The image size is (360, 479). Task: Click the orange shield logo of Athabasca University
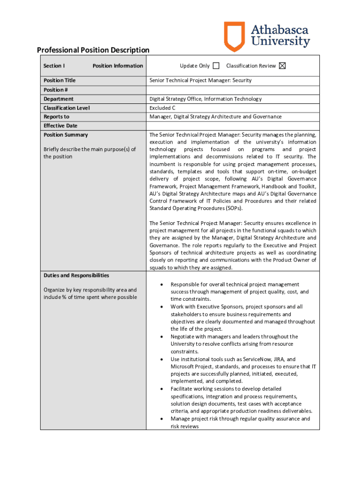(234, 36)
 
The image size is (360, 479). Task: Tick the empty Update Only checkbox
(216, 66)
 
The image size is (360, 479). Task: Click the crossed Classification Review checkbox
(282, 66)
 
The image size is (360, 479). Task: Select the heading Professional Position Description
(93, 50)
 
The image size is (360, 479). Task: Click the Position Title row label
(59, 80)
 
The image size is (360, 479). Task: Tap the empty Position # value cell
(233, 90)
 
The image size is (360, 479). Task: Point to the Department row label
(58, 99)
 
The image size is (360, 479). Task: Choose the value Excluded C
(162, 108)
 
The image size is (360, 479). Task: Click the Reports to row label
(56, 117)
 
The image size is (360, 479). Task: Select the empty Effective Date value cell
(233, 126)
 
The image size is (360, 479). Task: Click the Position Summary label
(65, 135)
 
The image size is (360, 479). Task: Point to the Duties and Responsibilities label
(76, 276)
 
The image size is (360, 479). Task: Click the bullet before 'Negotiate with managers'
(161, 337)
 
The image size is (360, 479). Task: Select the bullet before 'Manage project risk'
(161, 419)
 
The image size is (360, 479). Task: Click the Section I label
(54, 66)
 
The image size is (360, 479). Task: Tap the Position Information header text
(118, 66)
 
